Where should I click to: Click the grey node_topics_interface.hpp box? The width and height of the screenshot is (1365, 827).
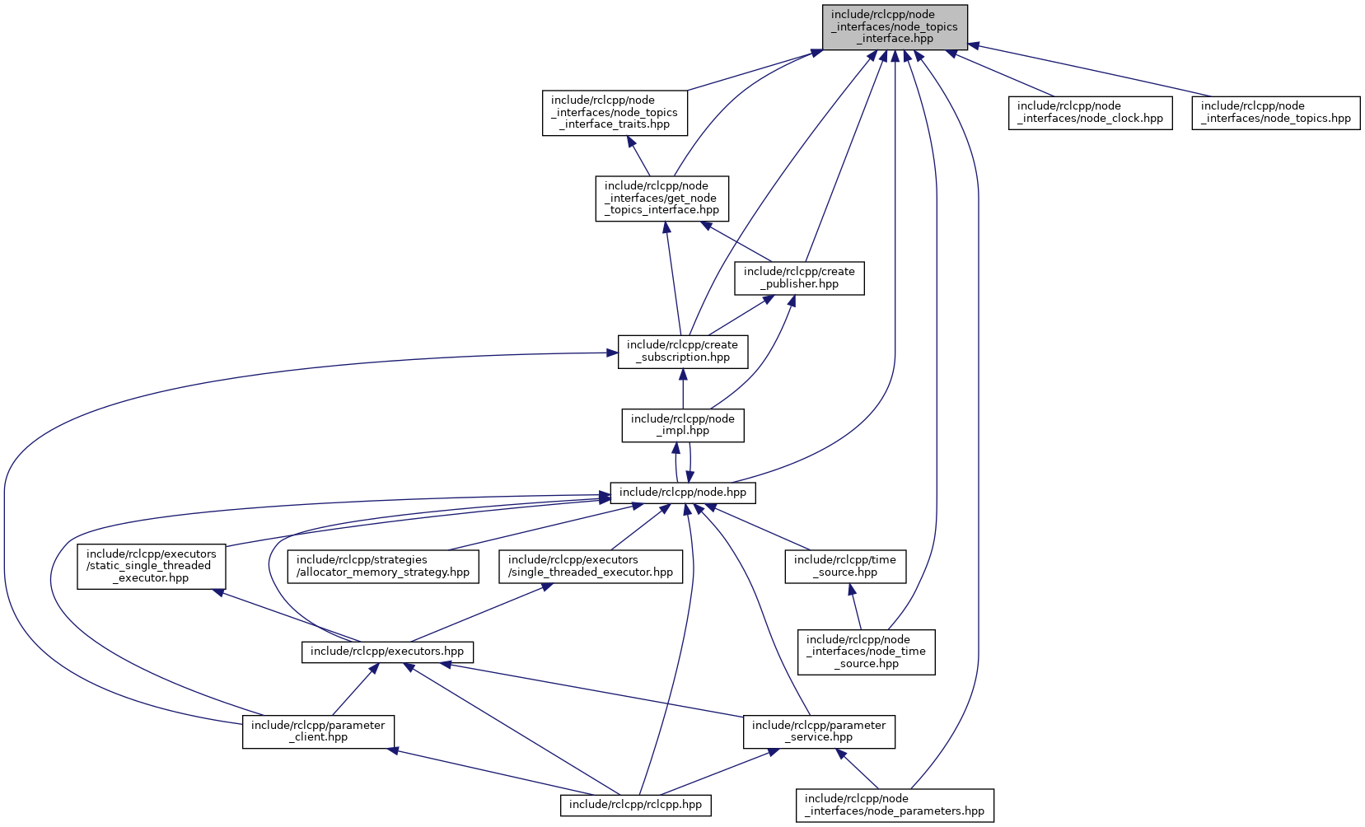[x=895, y=27]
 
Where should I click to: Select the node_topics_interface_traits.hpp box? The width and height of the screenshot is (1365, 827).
[x=615, y=113]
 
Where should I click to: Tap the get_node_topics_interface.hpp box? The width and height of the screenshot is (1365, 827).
[x=662, y=199]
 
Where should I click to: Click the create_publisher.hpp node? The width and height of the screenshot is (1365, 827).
[x=799, y=278]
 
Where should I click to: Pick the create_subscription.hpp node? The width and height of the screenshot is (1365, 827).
[x=683, y=351]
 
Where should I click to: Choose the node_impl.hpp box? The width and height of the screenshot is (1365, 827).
[x=683, y=425]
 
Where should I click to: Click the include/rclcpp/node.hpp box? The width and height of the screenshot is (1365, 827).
[x=683, y=493]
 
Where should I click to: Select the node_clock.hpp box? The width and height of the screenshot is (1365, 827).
[x=1090, y=112]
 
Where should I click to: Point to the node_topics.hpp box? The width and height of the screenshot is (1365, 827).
[x=1275, y=112]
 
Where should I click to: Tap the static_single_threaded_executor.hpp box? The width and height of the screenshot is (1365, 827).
[x=152, y=566]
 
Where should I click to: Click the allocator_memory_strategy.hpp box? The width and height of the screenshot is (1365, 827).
[x=383, y=566]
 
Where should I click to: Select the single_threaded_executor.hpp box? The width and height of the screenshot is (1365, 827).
[x=591, y=566]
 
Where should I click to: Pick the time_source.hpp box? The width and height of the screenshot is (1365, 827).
[x=845, y=566]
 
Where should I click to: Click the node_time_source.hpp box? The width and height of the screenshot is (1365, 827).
[x=866, y=652]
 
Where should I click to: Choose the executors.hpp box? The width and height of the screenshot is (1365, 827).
[x=387, y=652]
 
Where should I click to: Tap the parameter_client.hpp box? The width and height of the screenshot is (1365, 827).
[x=318, y=731]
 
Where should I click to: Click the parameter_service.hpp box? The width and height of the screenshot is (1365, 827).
[x=819, y=731]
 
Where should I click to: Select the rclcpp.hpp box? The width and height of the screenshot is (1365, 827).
[x=635, y=805]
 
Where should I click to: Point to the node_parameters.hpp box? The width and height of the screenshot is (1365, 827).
[x=895, y=805]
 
